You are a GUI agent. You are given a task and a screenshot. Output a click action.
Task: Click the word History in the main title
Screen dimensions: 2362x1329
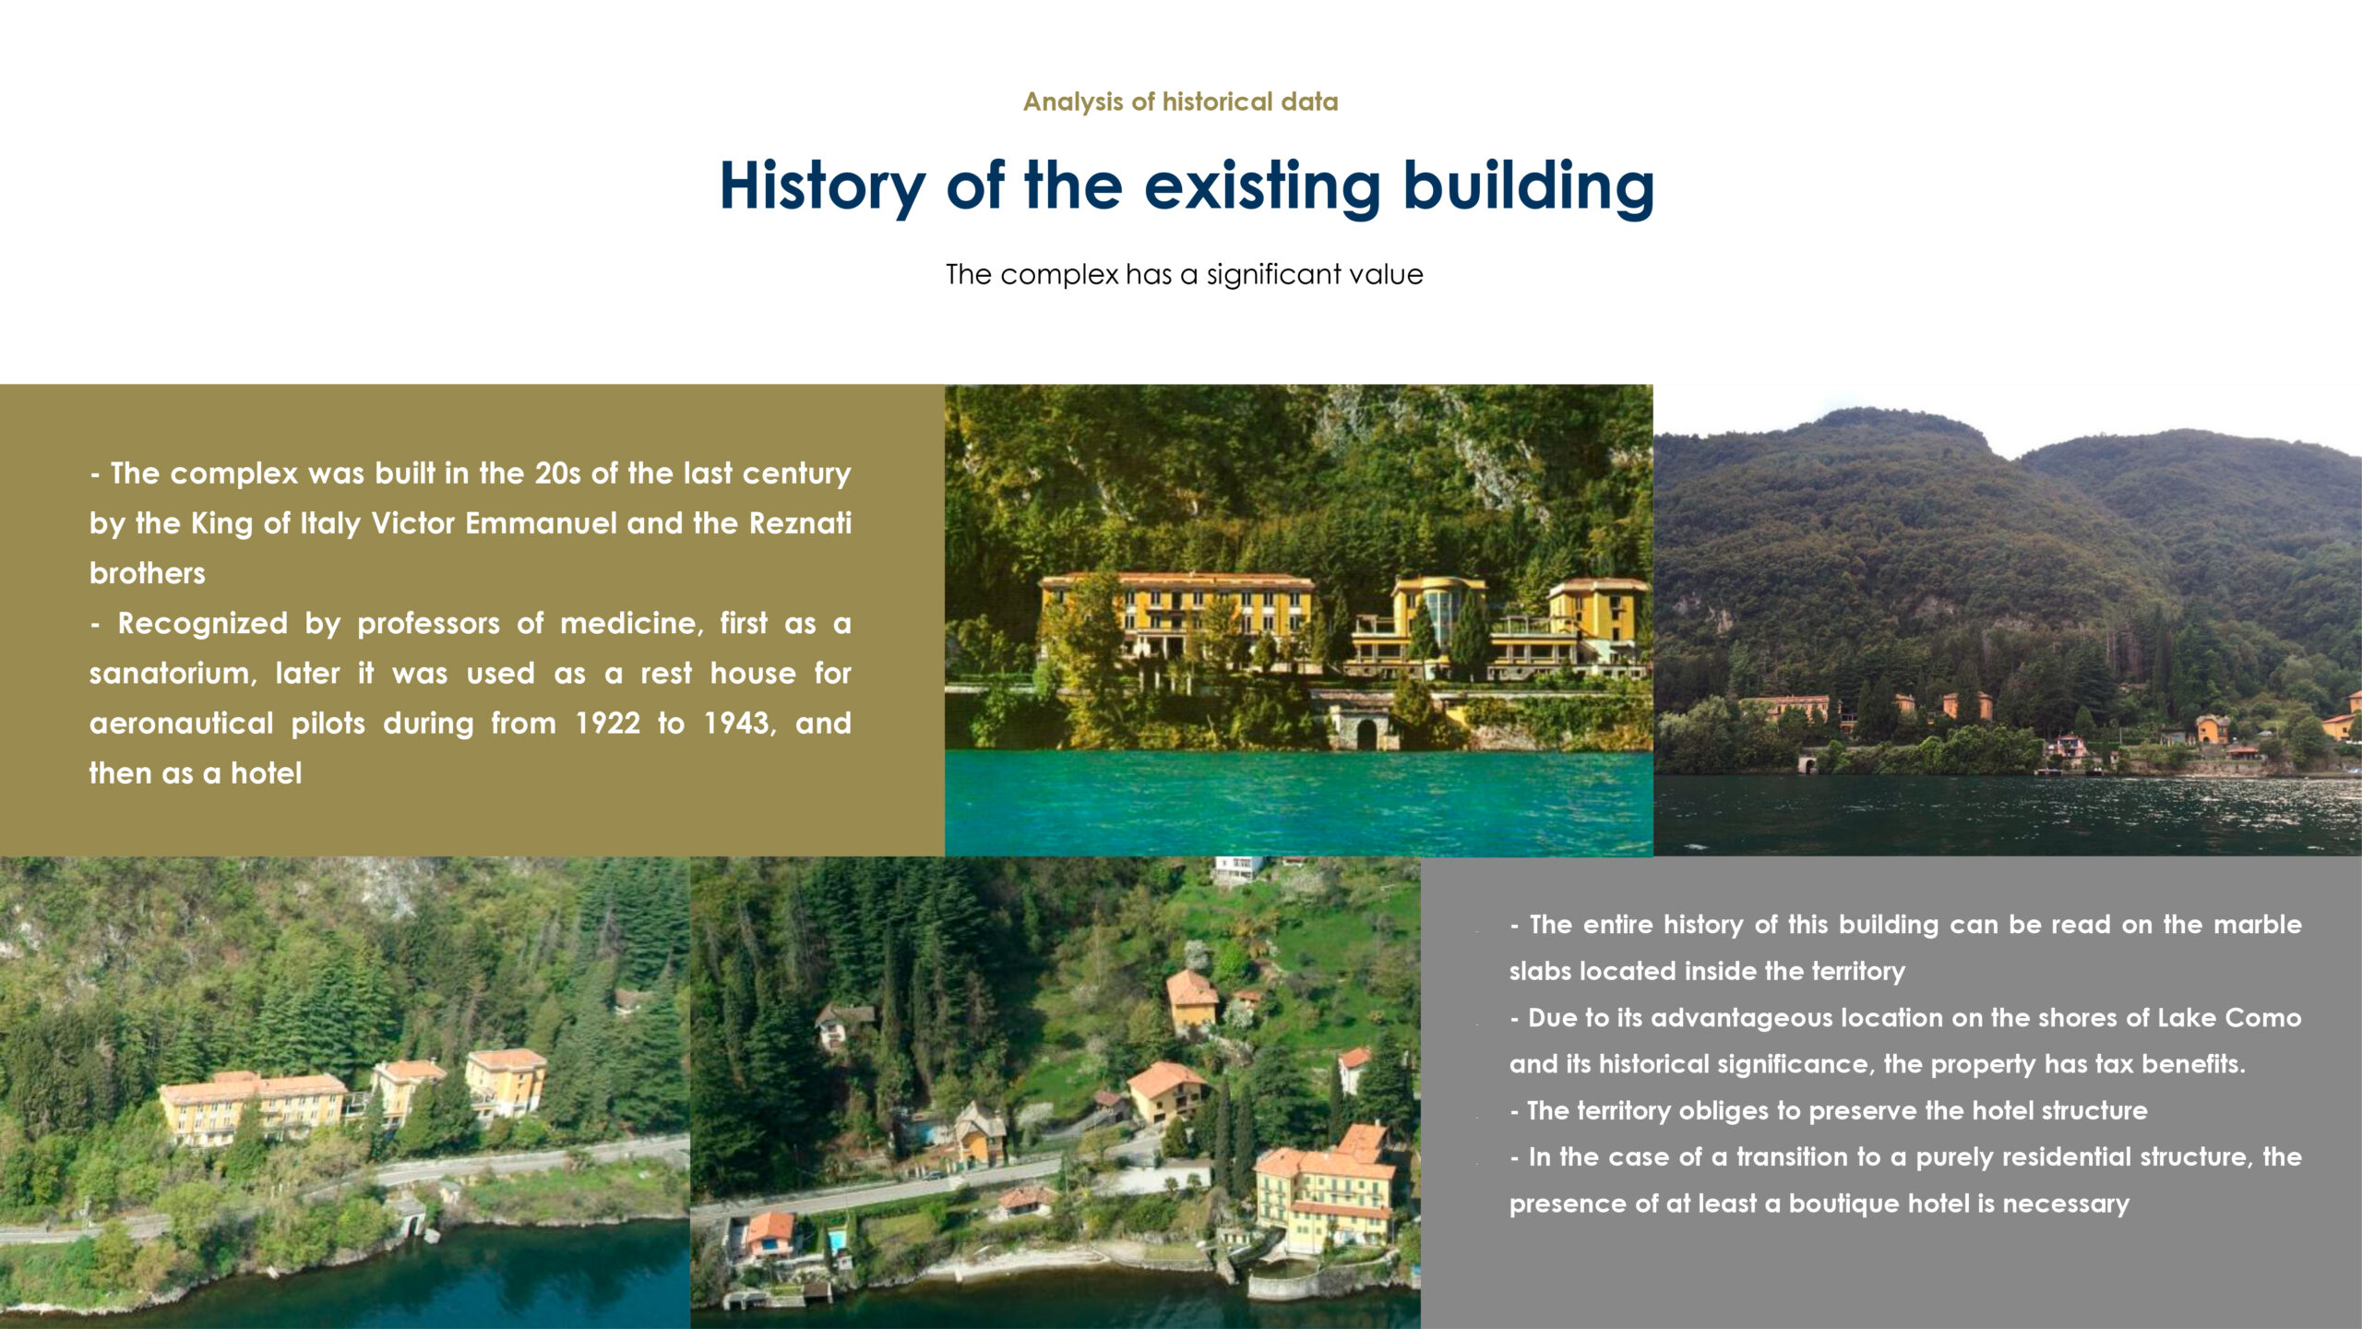point(822,187)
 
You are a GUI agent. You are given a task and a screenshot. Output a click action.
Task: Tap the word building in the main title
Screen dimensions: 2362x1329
point(1529,187)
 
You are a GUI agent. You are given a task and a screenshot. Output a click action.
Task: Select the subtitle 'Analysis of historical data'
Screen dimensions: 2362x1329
point(1180,102)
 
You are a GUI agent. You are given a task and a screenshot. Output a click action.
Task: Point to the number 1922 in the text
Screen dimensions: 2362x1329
point(607,723)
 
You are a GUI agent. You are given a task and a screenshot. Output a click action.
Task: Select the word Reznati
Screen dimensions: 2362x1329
point(800,523)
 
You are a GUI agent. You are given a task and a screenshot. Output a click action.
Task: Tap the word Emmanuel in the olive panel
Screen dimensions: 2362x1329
point(540,523)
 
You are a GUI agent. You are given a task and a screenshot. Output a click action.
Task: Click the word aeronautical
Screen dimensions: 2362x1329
point(182,723)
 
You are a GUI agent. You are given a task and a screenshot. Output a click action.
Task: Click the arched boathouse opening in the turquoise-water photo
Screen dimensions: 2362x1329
point(1366,735)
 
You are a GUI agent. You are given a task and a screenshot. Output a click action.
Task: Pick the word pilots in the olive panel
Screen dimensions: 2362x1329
point(328,723)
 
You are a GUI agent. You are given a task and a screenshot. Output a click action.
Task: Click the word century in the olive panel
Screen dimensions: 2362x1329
point(796,473)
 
